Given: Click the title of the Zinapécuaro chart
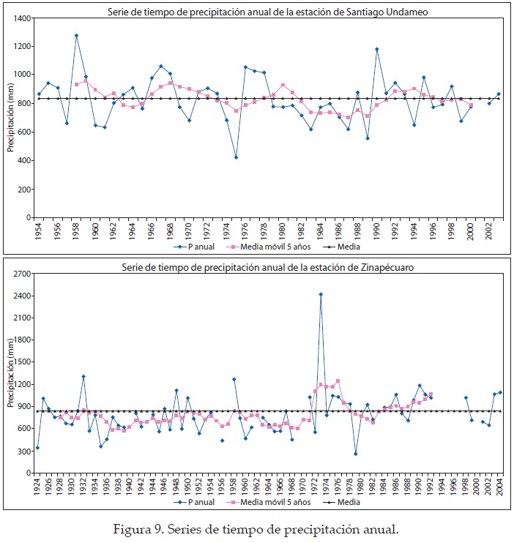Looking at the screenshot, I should [268, 267].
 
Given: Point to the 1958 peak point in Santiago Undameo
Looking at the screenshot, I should [76, 35].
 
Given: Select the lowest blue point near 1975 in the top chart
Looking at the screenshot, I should [236, 157].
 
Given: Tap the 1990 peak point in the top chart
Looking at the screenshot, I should [377, 49].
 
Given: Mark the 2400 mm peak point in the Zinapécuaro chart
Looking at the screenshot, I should [321, 294].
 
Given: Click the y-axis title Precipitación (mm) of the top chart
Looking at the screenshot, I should [10, 117].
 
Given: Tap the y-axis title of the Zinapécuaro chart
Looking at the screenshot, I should [10, 373].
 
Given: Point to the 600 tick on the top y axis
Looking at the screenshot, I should [25, 132].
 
